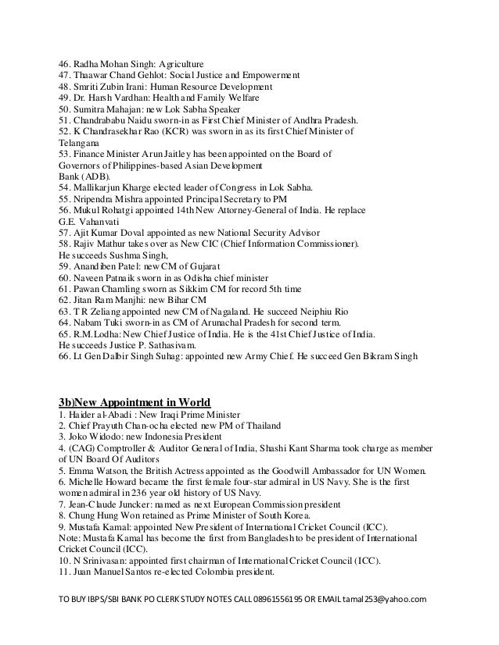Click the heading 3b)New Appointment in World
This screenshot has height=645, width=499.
pyautogui.click(x=140, y=401)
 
